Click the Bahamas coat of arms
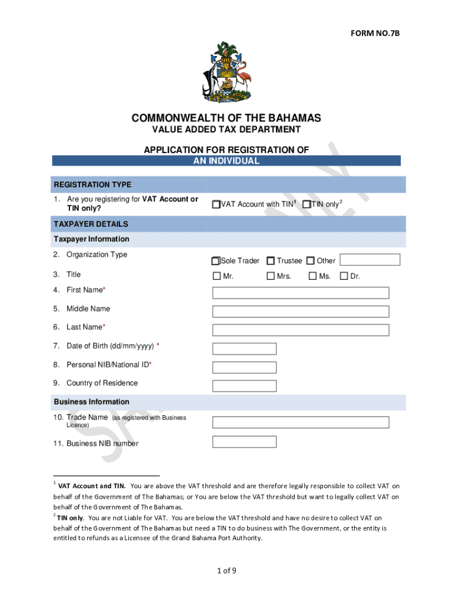[226, 72]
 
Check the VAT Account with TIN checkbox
[216, 204]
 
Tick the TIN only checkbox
[306, 204]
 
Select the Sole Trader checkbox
[216, 261]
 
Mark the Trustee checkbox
[271, 261]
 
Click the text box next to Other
[369, 260]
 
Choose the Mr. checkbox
[216, 276]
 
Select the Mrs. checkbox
[271, 276]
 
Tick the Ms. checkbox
[313, 276]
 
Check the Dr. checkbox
[344, 276]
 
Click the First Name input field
[300, 293]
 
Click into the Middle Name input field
[300, 312]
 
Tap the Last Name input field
[300, 330]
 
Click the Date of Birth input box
[244, 349]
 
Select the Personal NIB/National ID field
[244, 367]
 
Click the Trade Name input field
[300, 422]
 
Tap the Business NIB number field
[244, 442]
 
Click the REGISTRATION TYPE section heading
[93, 185]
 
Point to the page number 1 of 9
[226, 571]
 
